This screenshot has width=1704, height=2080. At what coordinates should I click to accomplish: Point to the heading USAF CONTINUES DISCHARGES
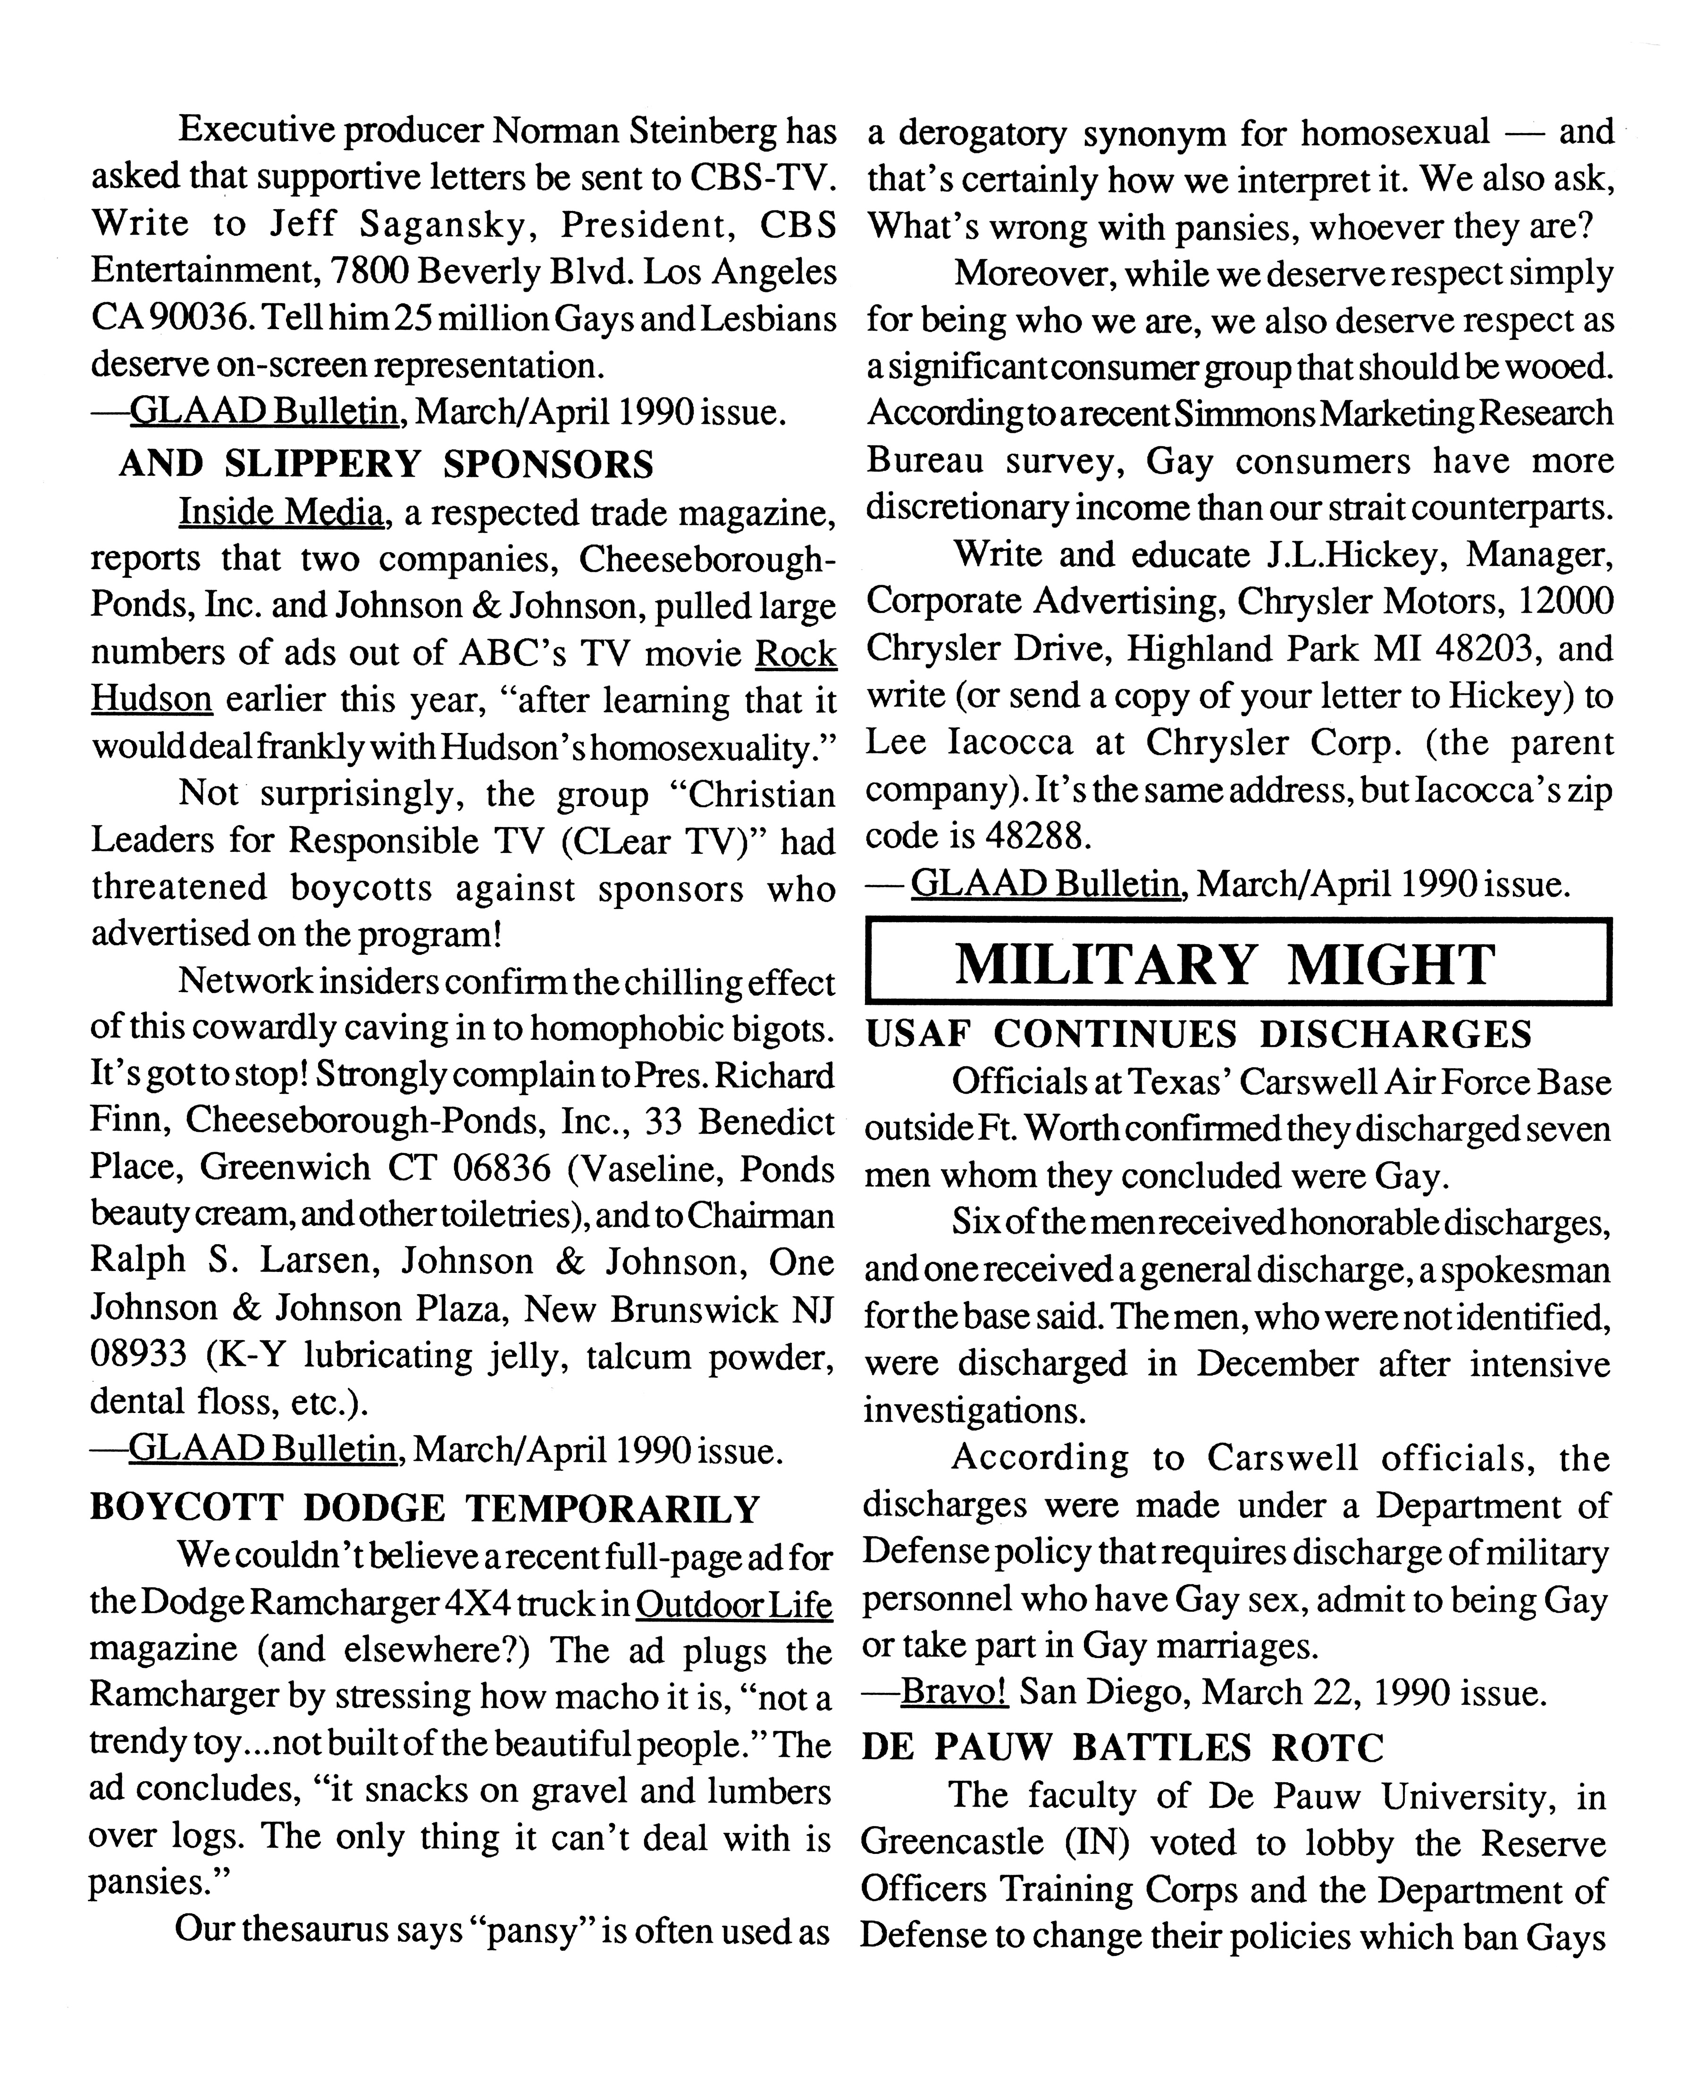pos(1198,1034)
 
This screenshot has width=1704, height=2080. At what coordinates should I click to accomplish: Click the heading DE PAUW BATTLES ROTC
pos(1122,1747)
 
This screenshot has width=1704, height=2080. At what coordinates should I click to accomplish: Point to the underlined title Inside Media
pos(281,512)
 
